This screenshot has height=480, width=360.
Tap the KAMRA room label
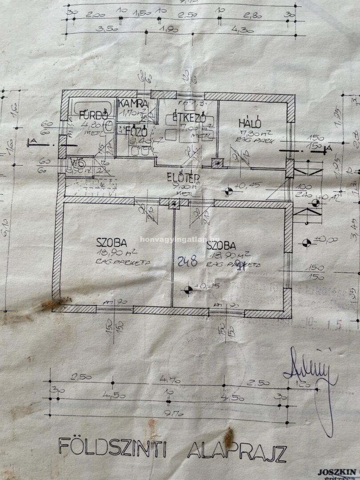[133, 104]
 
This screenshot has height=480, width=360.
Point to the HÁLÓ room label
[249, 124]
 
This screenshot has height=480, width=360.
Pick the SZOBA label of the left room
[112, 242]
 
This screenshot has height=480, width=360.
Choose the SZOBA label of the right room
[221, 245]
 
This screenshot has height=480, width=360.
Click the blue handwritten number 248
[188, 261]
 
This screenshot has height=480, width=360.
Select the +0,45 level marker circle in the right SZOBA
[188, 290]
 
